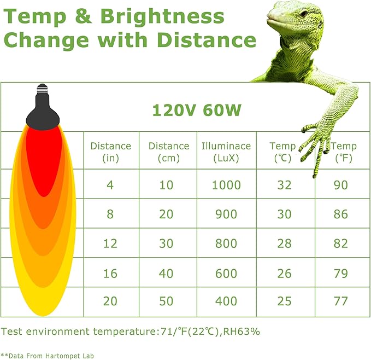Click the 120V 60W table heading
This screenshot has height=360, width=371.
(x=197, y=111)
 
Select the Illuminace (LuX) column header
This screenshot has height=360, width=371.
(x=226, y=152)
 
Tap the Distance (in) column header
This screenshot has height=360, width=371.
(x=110, y=152)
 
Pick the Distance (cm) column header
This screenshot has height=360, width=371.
(x=169, y=152)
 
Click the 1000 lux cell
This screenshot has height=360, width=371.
(x=226, y=185)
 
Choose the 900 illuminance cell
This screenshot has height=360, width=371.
(x=226, y=214)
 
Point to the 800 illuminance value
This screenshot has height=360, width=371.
(x=226, y=243)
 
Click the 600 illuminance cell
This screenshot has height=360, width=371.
(x=226, y=272)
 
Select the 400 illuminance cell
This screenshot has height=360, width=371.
(x=226, y=301)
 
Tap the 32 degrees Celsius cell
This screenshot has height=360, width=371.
(x=284, y=185)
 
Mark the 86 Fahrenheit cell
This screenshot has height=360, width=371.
(x=340, y=214)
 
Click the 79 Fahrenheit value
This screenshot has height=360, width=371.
(x=340, y=272)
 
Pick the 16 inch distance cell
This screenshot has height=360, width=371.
(x=110, y=272)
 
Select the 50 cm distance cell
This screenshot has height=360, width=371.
(x=166, y=301)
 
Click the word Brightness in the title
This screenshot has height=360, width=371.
(x=162, y=16)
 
